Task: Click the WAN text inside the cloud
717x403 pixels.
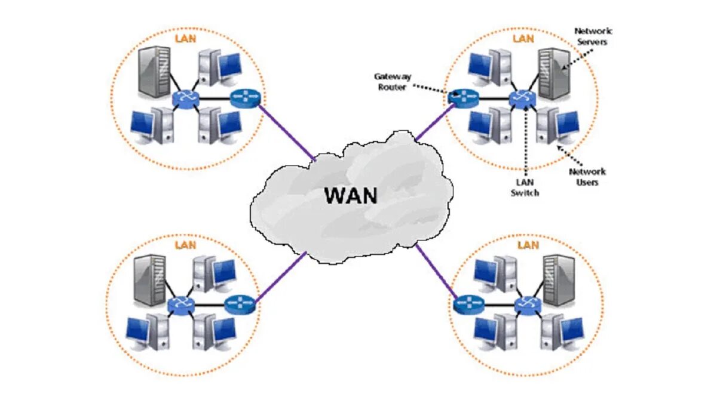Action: point(351,195)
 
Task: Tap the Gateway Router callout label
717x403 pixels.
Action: point(393,82)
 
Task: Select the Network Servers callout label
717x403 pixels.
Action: point(593,36)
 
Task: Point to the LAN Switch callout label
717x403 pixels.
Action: point(525,187)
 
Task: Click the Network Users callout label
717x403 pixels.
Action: point(587,177)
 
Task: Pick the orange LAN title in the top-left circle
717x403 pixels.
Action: point(185,39)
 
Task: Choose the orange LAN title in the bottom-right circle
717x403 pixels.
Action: point(528,245)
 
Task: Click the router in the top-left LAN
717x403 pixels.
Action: point(245,98)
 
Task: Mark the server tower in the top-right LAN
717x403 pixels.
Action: point(554,73)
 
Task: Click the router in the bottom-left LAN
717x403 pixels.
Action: point(240,304)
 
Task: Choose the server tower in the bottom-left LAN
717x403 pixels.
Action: point(150,280)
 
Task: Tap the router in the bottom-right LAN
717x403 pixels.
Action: point(468,305)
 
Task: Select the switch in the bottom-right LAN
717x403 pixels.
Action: point(528,306)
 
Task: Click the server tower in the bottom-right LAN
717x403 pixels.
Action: point(559,280)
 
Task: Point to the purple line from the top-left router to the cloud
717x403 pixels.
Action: point(287,133)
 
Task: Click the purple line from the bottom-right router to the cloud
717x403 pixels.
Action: point(436,271)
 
